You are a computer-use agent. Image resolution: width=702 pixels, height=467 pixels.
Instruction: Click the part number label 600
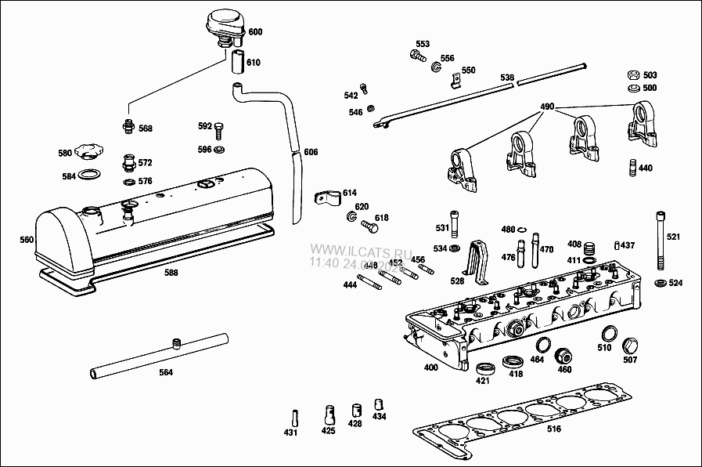click(255, 32)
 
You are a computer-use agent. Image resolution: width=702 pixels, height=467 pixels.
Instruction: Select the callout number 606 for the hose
click(311, 152)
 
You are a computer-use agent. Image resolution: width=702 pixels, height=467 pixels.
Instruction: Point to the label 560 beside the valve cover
click(27, 240)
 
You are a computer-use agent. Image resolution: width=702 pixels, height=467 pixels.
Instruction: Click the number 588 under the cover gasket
click(171, 273)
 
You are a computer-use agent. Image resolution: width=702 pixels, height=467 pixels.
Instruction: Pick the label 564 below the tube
click(165, 372)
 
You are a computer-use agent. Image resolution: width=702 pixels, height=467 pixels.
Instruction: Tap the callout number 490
click(547, 107)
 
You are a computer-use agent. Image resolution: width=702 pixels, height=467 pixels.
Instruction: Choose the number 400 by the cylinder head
click(431, 367)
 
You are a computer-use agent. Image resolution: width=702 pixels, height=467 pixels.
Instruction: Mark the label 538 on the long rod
click(507, 78)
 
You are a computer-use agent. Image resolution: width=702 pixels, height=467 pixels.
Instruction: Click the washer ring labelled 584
click(92, 175)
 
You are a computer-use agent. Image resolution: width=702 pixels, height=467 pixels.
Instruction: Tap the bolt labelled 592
click(219, 129)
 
